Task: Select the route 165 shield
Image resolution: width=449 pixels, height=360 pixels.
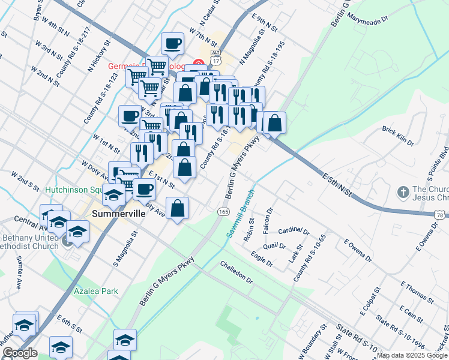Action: (223, 212)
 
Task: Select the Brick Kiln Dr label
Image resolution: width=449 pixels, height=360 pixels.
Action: (398, 136)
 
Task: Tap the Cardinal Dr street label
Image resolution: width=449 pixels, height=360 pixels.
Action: (294, 230)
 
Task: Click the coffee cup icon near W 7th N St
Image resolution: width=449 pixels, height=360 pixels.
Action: (173, 43)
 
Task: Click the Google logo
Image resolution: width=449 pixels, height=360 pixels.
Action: (20, 353)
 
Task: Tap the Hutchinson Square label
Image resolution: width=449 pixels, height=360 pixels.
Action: (75, 190)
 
